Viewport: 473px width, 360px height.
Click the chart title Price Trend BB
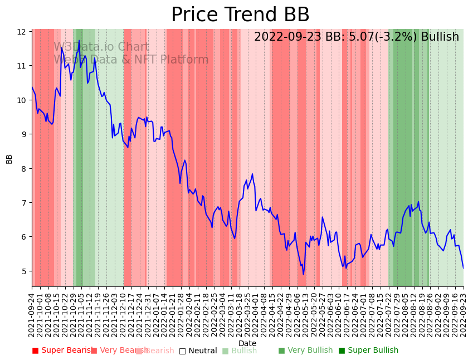(240, 15)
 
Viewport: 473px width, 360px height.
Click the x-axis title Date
(247, 343)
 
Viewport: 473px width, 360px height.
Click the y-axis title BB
(9, 158)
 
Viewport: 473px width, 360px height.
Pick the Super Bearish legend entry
(62, 351)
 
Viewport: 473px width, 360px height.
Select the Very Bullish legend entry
(305, 351)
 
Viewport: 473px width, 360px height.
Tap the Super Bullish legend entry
(368, 351)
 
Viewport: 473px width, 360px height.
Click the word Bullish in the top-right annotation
(440, 37)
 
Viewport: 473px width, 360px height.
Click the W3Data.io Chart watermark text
(101, 47)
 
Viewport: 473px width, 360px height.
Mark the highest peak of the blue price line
(79, 40)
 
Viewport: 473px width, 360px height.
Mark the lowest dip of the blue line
(304, 274)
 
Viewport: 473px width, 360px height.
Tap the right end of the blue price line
(463, 269)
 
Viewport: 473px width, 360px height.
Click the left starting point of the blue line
(32, 87)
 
